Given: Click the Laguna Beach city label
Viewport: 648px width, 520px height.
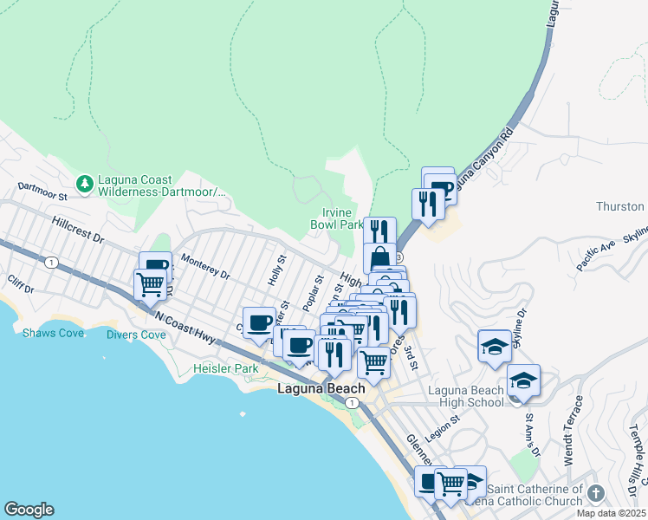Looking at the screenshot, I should (321, 389).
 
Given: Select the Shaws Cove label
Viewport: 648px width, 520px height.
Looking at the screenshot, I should (49, 333).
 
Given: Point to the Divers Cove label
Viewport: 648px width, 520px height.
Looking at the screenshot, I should (136, 335).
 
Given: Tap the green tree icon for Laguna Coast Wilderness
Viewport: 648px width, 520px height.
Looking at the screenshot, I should (85, 183).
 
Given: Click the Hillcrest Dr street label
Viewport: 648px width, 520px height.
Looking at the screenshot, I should (77, 230).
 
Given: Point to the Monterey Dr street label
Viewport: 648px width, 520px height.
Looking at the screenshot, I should (205, 266).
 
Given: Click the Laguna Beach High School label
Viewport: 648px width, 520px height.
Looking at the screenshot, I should (466, 396).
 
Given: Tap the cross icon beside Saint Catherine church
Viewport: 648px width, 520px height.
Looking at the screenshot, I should (594, 493).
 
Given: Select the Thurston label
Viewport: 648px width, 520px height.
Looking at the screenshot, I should (620, 206).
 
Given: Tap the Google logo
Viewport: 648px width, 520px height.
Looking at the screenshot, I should (29, 510).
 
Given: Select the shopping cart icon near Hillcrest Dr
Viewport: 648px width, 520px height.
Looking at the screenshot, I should (151, 283).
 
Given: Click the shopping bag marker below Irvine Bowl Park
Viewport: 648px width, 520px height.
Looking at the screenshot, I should (379, 258).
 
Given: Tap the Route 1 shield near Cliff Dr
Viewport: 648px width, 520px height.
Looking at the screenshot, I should (53, 262).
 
